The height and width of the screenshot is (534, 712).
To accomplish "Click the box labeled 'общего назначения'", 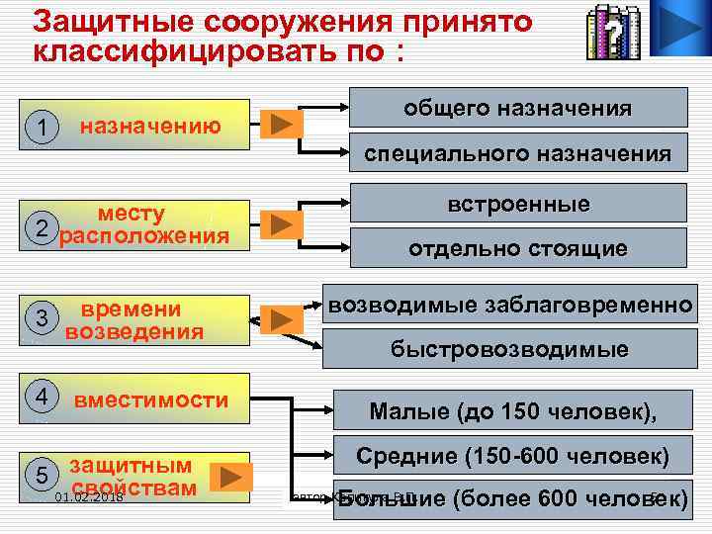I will pyautogui.click(x=518, y=108).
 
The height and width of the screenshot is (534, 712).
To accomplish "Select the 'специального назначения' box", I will pyautogui.click(x=518, y=153).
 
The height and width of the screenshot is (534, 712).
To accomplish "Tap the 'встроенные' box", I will pyautogui.click(x=518, y=204).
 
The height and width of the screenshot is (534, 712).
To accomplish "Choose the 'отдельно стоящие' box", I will pyautogui.click(x=518, y=248).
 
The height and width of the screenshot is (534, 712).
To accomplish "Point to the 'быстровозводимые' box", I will pyautogui.click(x=508, y=349).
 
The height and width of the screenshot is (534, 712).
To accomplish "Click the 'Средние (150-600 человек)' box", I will pyautogui.click(x=512, y=457).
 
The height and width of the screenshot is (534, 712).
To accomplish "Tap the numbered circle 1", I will pyautogui.click(x=42, y=127).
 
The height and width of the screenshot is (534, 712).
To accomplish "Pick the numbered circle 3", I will pyautogui.click(x=42, y=317).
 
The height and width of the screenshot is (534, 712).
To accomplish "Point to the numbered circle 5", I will pyautogui.click(x=42, y=474).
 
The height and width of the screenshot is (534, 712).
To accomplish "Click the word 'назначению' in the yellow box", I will pyautogui.click(x=150, y=126).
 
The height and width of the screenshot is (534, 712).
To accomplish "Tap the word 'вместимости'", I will pyautogui.click(x=151, y=400).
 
